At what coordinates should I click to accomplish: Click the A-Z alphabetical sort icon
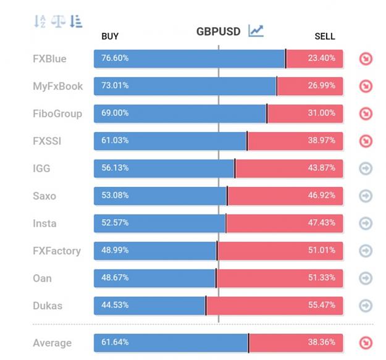pyautogui.click(x=40, y=21)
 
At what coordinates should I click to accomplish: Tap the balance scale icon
pyautogui.click(x=58, y=21)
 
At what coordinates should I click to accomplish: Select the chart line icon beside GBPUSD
pyautogui.click(x=256, y=31)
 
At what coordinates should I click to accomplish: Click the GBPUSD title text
pyautogui.click(x=219, y=31)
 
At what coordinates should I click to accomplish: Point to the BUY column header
pyautogui.click(x=110, y=36)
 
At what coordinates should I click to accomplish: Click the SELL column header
pyautogui.click(x=325, y=36)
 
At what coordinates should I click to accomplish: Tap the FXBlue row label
pyautogui.click(x=49, y=59)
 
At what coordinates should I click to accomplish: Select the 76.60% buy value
pyautogui.click(x=115, y=58)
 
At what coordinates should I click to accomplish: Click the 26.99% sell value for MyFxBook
pyautogui.click(x=321, y=85)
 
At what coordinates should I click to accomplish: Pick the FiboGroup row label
pyautogui.click(x=57, y=114)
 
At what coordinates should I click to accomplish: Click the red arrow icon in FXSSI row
pyautogui.click(x=366, y=141)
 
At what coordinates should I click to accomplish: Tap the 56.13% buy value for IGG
pyautogui.click(x=115, y=168)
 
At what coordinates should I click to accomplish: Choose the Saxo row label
pyautogui.click(x=44, y=196)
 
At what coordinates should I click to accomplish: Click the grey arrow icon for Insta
pyautogui.click(x=366, y=224)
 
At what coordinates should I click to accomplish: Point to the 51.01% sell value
pyautogui.click(x=322, y=250)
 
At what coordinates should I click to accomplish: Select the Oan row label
pyautogui.click(x=43, y=278)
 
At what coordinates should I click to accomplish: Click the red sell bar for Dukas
pyautogui.click(x=274, y=306)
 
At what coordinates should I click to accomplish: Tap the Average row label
pyautogui.click(x=52, y=343)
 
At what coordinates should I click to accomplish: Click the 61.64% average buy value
pyautogui.click(x=115, y=342)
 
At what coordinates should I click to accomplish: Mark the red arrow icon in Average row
pyautogui.click(x=366, y=343)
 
